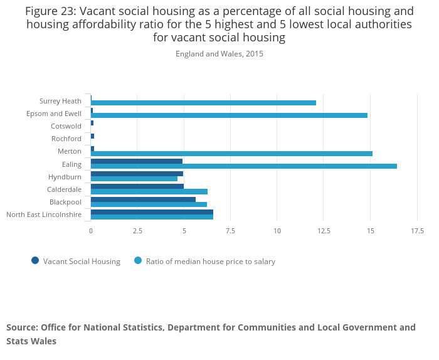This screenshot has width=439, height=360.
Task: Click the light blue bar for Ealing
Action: (243, 166)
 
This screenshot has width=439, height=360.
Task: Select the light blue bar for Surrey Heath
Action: (203, 103)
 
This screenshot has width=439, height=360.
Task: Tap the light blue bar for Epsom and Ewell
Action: (229, 115)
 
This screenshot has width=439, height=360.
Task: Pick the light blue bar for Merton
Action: (231, 154)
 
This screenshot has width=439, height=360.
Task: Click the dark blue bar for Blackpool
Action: (143, 199)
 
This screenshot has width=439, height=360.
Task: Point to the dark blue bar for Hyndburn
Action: (137, 174)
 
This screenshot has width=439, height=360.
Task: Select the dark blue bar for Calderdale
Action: (137, 186)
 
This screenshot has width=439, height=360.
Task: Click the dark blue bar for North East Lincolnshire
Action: (152, 212)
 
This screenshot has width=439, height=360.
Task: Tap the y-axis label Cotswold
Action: (66, 126)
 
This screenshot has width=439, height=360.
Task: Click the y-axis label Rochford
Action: (66, 139)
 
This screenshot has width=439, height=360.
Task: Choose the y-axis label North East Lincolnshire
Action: (44, 214)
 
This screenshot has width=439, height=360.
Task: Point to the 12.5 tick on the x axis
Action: (324, 231)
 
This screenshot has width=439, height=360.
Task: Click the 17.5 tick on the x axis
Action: (416, 231)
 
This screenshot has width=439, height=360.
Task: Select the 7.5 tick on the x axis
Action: (230, 231)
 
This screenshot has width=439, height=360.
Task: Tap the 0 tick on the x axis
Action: (91, 231)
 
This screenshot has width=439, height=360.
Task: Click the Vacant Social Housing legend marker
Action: (35, 261)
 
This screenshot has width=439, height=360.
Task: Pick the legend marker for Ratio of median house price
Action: (138, 261)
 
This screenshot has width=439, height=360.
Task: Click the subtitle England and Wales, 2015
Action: (219, 54)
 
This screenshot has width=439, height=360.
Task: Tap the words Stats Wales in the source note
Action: (31, 341)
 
